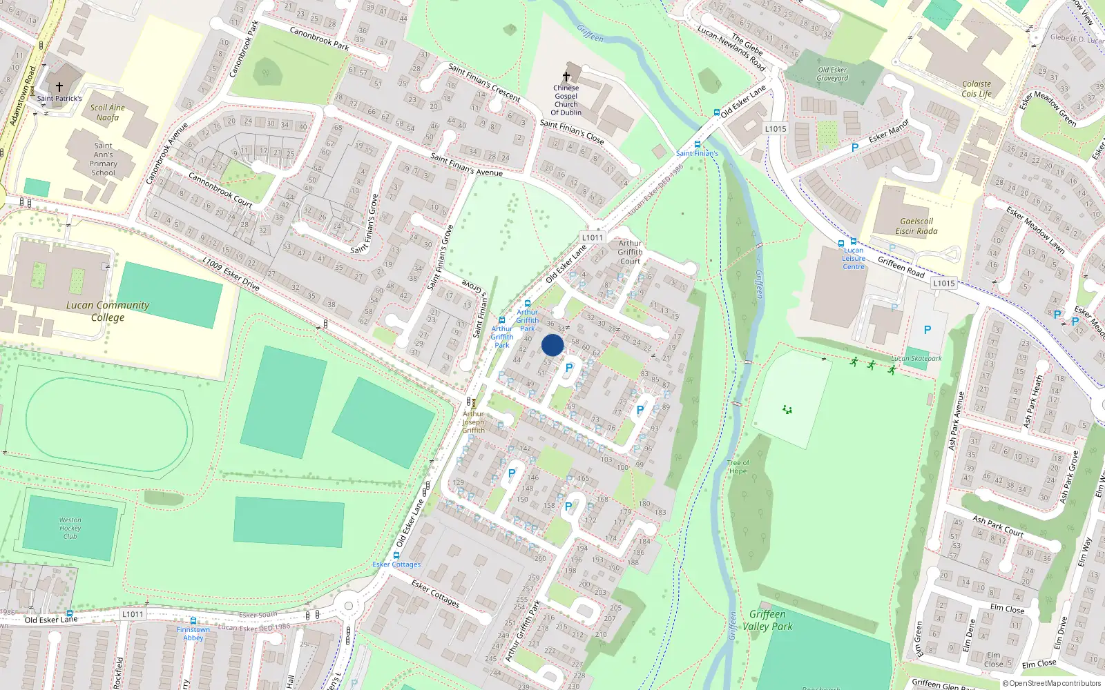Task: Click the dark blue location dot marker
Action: (552, 345)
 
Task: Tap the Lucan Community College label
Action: (108, 311)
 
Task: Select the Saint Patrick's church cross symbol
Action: (59, 87)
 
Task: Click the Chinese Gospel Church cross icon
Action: (566, 76)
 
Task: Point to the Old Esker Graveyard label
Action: (832, 74)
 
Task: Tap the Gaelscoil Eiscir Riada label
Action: (916, 226)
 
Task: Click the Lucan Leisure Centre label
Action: (854, 259)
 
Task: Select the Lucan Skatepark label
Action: (916, 359)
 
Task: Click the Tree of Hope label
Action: (738, 467)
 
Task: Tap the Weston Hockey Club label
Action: (70, 528)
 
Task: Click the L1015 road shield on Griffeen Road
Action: (943, 284)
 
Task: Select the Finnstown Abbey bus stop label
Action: (193, 633)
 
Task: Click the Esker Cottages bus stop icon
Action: (396, 554)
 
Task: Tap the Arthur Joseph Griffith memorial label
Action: (474, 422)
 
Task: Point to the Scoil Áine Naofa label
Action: (108, 112)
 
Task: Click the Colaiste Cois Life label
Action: (977, 89)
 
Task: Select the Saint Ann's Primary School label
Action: (104, 159)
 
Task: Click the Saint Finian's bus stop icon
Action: (697, 144)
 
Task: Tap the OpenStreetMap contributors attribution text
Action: (1052, 684)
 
